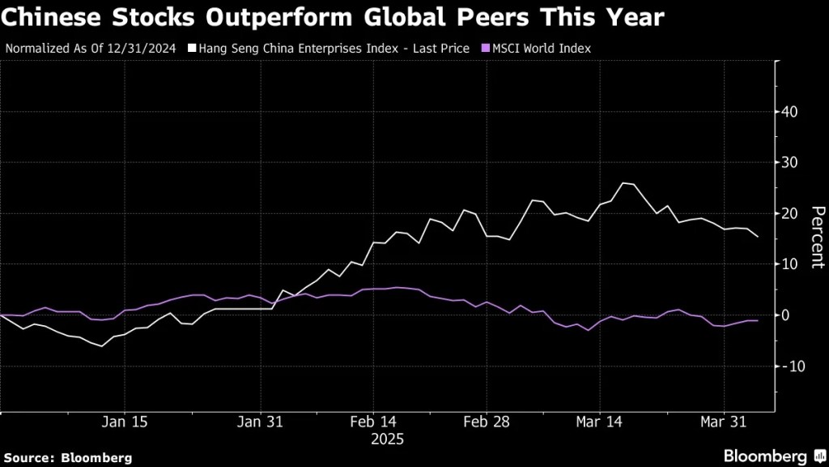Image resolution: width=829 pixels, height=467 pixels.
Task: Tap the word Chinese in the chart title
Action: coord(49,17)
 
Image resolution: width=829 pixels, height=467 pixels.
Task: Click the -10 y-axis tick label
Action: coord(792,366)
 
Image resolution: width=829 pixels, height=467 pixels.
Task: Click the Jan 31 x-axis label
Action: coord(261,422)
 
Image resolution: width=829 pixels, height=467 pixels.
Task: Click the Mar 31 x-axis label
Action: coord(722,422)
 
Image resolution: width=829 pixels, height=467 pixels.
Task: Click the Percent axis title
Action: coord(818,237)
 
